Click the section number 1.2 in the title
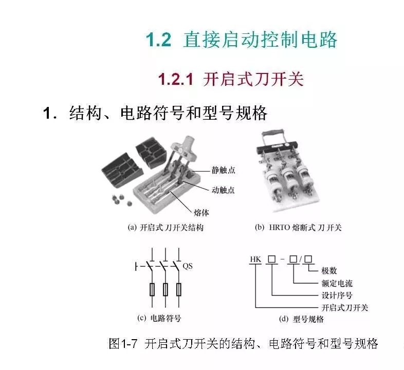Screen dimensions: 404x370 158,40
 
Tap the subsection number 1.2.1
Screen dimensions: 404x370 175,79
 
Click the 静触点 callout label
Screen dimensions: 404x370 224,170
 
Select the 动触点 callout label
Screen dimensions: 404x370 223,190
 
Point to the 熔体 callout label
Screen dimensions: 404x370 201,213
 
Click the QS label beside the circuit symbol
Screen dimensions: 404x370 187,266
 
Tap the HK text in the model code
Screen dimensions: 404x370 255,259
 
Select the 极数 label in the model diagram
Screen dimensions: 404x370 329,270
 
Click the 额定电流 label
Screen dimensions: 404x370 337,283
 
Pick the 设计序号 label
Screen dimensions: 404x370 337,295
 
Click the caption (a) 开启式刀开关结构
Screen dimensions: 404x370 166,228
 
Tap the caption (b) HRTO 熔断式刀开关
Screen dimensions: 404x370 298,228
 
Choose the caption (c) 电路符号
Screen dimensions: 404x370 159,318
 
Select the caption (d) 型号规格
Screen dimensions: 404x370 301,319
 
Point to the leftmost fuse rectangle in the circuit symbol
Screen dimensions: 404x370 152,289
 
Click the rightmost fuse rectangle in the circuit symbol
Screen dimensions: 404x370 178,289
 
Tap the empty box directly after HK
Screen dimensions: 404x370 271,259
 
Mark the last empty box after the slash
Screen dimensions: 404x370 308,259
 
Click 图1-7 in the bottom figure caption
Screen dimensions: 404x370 123,343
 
